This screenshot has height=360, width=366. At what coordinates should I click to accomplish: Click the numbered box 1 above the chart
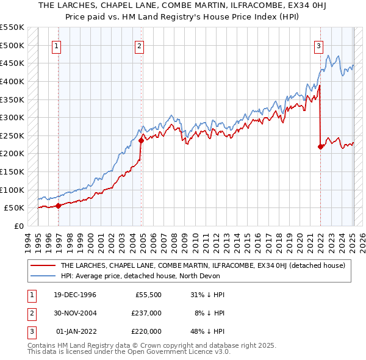[56, 45]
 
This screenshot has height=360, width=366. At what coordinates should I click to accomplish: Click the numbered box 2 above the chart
[140, 45]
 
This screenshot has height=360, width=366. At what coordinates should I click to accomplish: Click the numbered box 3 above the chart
[318, 45]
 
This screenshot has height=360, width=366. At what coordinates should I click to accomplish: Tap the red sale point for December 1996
[59, 206]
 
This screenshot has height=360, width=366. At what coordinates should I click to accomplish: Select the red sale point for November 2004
[142, 140]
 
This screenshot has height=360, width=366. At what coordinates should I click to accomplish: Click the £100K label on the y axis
[13, 190]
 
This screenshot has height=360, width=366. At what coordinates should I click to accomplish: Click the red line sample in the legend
[43, 265]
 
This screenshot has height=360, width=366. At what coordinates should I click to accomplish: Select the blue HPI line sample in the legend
[43, 276]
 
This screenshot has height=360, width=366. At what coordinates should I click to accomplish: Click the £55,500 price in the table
[148, 295]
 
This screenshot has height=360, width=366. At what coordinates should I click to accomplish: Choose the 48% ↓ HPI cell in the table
[207, 331]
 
